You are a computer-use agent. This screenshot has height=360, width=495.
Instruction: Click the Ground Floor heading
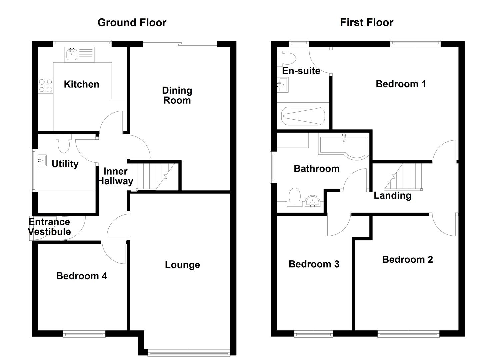pos(132,23)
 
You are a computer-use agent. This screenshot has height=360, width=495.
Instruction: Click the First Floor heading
pos(366,23)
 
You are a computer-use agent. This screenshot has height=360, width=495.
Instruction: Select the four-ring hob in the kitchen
pos(45,85)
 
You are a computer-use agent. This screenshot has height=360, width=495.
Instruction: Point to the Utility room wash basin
pos(42,160)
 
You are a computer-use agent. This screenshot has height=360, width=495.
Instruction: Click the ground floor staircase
pos(155,176)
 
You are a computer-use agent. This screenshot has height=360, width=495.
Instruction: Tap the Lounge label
pos(182,265)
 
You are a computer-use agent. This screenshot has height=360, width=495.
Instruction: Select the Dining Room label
pos(177,95)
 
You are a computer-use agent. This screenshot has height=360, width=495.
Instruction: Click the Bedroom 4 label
pos(82,276)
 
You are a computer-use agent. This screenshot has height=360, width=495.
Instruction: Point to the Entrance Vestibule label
pos(49,227)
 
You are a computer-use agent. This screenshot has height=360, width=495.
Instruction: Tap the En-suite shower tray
pos(303,116)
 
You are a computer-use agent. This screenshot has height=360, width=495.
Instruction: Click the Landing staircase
pos(405,176)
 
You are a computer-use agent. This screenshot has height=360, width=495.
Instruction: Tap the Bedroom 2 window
pos(408,334)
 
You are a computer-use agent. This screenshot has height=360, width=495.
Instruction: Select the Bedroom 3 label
pos(314,264)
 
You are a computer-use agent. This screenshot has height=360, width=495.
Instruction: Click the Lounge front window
pos(188,352)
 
